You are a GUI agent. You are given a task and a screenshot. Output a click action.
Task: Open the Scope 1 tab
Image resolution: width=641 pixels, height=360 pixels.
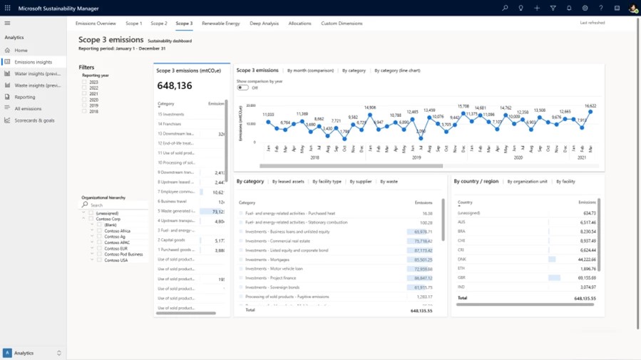(133, 24)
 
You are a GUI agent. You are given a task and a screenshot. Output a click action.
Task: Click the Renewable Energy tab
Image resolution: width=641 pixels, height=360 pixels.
(220, 24)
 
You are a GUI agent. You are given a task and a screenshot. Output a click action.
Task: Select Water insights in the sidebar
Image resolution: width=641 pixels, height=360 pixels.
(37, 73)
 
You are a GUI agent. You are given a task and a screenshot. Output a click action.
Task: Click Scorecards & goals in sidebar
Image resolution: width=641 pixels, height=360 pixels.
(34, 120)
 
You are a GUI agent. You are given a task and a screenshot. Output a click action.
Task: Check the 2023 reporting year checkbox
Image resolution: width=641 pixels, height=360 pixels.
(84, 82)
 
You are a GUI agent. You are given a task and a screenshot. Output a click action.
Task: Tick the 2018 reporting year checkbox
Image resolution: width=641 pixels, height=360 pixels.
(84, 111)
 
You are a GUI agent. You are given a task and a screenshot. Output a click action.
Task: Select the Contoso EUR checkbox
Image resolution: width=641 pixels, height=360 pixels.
(100, 249)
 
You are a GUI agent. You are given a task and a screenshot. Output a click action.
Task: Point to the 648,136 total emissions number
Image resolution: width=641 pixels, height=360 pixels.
(175, 86)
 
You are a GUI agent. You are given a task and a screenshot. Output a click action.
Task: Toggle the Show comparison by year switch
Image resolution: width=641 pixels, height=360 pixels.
(242, 88)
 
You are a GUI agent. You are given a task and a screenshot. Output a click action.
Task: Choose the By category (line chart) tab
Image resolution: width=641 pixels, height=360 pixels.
(397, 71)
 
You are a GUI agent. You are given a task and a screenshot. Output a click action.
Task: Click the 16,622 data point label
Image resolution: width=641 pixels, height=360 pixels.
(590, 106)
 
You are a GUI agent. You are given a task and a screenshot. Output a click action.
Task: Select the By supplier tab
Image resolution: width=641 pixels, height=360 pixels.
(360, 182)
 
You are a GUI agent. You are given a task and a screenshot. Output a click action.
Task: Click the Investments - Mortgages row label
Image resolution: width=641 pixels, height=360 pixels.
(267, 259)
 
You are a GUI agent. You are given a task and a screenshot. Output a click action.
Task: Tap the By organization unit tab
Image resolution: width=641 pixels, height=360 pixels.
(527, 182)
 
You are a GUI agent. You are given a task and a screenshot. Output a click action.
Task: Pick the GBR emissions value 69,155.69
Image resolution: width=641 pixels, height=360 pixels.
(587, 278)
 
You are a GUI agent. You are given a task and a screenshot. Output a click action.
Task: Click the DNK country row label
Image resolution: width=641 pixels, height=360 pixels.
(461, 259)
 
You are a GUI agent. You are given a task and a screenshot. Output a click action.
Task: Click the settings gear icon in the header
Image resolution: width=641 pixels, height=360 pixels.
(585, 8)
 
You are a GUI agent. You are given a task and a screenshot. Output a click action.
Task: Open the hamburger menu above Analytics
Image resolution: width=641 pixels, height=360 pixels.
(7, 24)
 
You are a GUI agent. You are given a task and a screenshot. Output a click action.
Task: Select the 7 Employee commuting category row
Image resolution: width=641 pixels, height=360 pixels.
(176, 192)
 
